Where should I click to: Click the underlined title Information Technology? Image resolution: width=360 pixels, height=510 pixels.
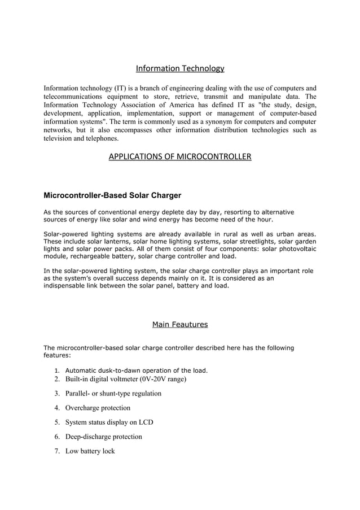(180, 69)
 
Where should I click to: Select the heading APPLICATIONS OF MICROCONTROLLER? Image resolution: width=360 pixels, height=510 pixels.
(180, 156)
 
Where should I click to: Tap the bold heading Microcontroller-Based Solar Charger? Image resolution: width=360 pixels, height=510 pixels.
(112, 196)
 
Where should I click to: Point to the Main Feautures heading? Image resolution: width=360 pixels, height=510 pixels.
(180, 324)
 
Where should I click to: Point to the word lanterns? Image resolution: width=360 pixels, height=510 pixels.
(113, 241)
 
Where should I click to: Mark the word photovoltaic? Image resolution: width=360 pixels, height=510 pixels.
(295, 249)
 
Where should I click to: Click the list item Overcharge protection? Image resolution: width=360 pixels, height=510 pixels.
(98, 408)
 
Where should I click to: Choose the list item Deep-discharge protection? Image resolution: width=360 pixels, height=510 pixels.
(104, 437)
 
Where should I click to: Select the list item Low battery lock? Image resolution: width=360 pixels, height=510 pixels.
(90, 451)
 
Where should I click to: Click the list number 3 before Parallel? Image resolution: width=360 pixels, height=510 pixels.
(57, 394)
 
